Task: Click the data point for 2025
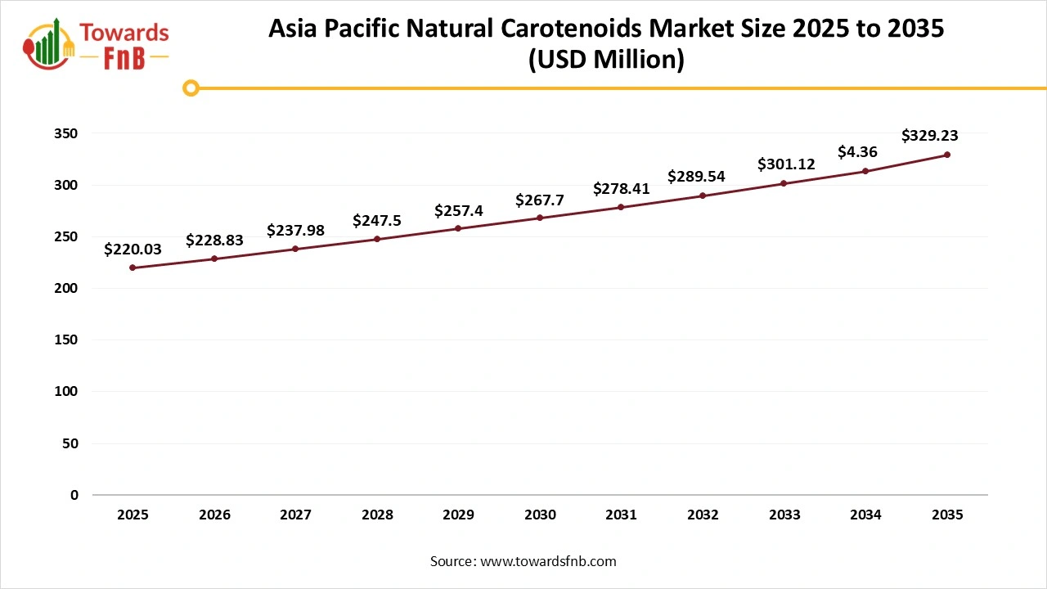click(133, 268)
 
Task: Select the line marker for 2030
click(540, 218)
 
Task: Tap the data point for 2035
click(947, 155)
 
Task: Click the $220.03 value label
click(133, 250)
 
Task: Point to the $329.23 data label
click(930, 136)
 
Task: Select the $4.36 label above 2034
click(857, 152)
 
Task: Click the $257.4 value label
click(458, 210)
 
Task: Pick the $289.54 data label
click(696, 176)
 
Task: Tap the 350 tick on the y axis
click(68, 133)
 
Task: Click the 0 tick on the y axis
click(74, 495)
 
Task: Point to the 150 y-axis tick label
click(68, 339)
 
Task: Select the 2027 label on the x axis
click(295, 515)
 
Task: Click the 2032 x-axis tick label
click(703, 515)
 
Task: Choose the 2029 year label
click(458, 515)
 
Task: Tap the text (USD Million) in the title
click(606, 59)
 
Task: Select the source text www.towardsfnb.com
click(548, 561)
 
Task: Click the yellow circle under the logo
click(191, 88)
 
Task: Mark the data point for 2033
click(784, 183)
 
